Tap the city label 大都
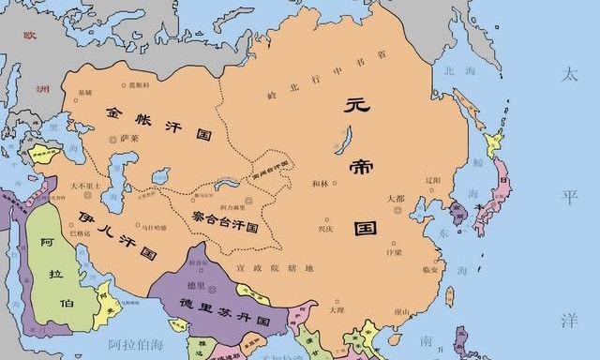396,198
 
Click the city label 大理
337,307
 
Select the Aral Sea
161,176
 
